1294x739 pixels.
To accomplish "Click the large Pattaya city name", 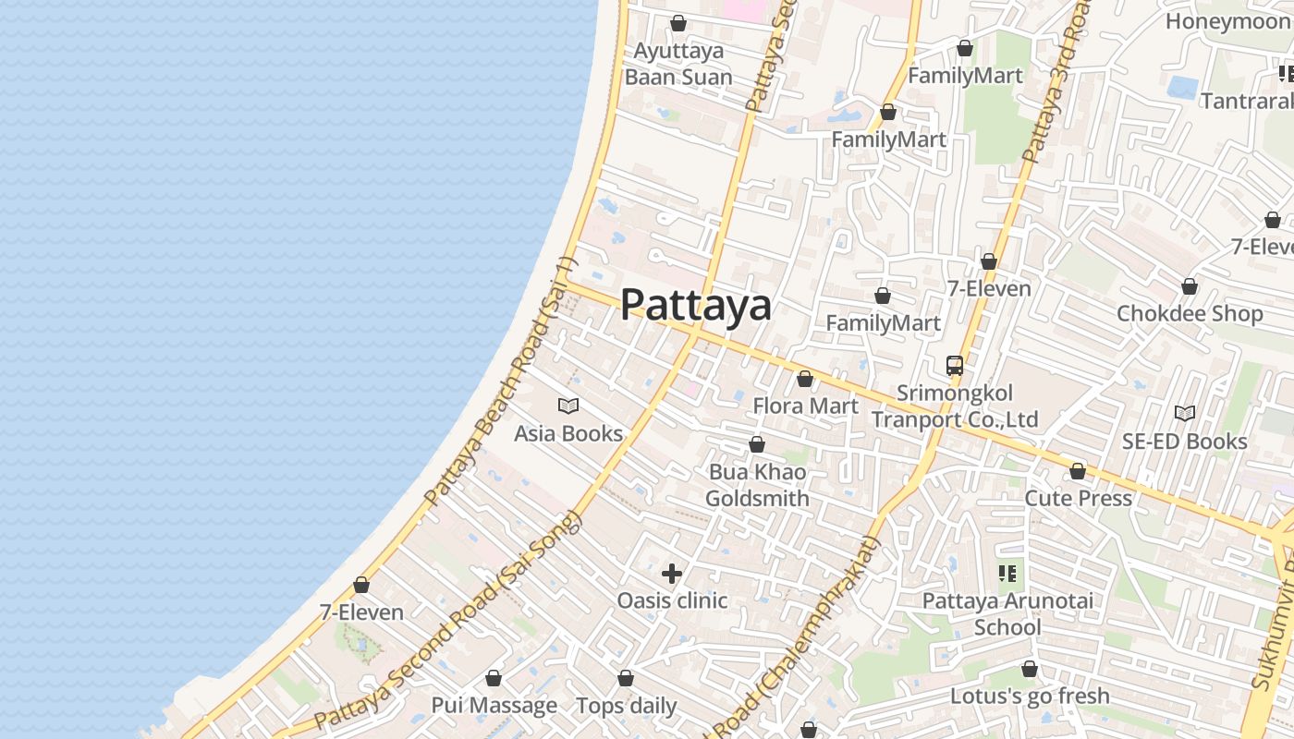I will (x=695, y=305).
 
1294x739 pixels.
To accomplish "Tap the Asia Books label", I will (x=568, y=433).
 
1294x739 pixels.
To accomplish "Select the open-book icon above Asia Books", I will (x=568, y=406).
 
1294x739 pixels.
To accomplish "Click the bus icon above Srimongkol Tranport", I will (x=955, y=366).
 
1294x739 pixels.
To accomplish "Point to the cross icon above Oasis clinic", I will (x=672, y=574).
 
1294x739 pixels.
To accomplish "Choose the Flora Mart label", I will (x=805, y=406).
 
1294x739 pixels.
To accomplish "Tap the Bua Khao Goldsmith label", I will (x=757, y=485).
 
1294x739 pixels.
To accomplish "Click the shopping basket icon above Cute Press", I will (x=1078, y=472).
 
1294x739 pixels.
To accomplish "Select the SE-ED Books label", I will (x=1184, y=442).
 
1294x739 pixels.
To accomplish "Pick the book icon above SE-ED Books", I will (x=1184, y=413).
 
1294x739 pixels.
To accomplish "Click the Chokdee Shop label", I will (x=1190, y=314).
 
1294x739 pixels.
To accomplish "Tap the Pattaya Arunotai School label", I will (x=1007, y=614).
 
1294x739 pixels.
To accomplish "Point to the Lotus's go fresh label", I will (x=1030, y=696).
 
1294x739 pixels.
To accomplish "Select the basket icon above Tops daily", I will (x=626, y=679).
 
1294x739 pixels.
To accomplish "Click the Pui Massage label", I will (x=494, y=706).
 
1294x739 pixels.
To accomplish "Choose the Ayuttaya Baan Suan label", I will (x=678, y=64).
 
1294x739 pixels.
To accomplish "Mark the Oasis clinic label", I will (x=672, y=600).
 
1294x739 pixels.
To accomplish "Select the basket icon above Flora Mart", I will (x=805, y=379).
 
